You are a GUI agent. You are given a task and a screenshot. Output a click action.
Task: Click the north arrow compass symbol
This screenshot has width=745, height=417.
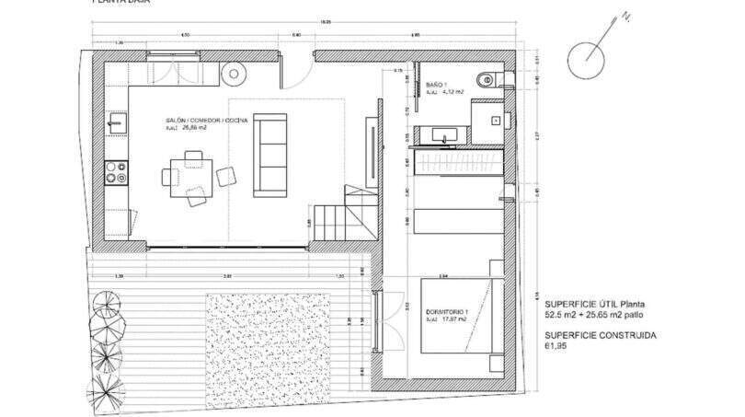pos(587,59)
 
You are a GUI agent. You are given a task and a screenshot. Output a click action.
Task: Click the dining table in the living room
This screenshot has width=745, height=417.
pos(195,174)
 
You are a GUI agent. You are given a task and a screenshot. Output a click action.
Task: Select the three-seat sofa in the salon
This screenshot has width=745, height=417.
pos(270,153)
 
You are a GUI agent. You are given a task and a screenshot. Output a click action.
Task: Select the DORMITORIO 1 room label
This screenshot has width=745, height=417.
pos(447,312)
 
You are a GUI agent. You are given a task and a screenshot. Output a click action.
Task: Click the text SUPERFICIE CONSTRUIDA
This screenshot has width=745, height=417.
pos(601,335)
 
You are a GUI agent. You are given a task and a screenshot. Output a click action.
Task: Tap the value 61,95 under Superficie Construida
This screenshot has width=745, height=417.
pos(556,347)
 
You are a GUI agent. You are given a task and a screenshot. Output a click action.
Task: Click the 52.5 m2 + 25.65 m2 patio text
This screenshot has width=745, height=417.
pos(599,315)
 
